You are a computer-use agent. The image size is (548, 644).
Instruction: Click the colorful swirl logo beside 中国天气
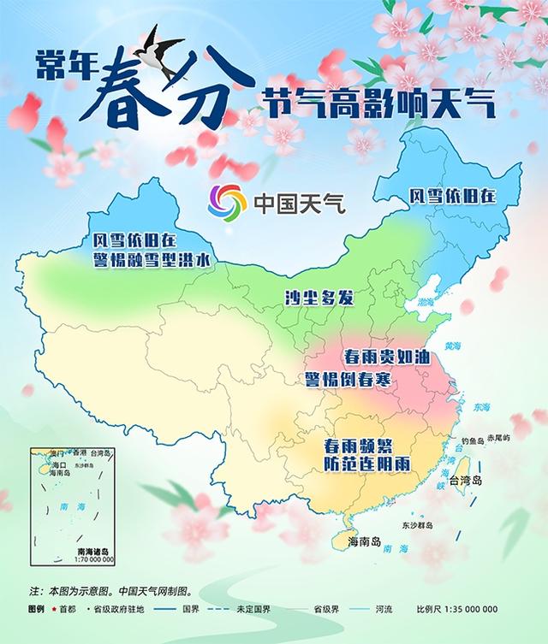click(x=226, y=202)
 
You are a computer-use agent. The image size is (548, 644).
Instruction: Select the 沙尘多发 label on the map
click(x=319, y=298)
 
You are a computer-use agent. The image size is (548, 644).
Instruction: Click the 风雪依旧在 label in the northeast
click(x=451, y=196)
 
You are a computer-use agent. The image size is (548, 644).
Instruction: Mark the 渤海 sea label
click(x=426, y=302)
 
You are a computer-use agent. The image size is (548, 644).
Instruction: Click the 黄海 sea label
click(x=452, y=346)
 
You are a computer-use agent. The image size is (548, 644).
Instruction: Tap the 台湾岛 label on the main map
click(x=489, y=481)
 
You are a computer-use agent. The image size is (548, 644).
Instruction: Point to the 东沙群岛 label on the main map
click(x=418, y=524)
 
